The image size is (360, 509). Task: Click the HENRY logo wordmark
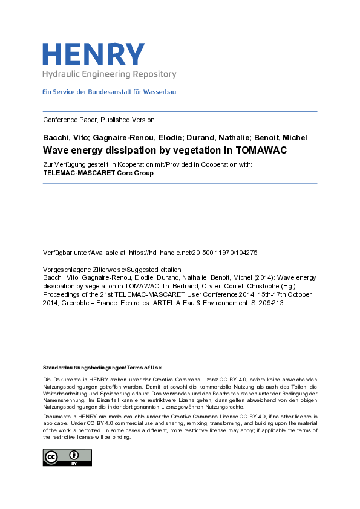click(x=93, y=54)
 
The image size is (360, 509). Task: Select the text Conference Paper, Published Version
click(x=99, y=120)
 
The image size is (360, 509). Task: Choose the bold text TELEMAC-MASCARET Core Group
click(x=99, y=173)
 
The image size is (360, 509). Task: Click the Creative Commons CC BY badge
click(x=67, y=458)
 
